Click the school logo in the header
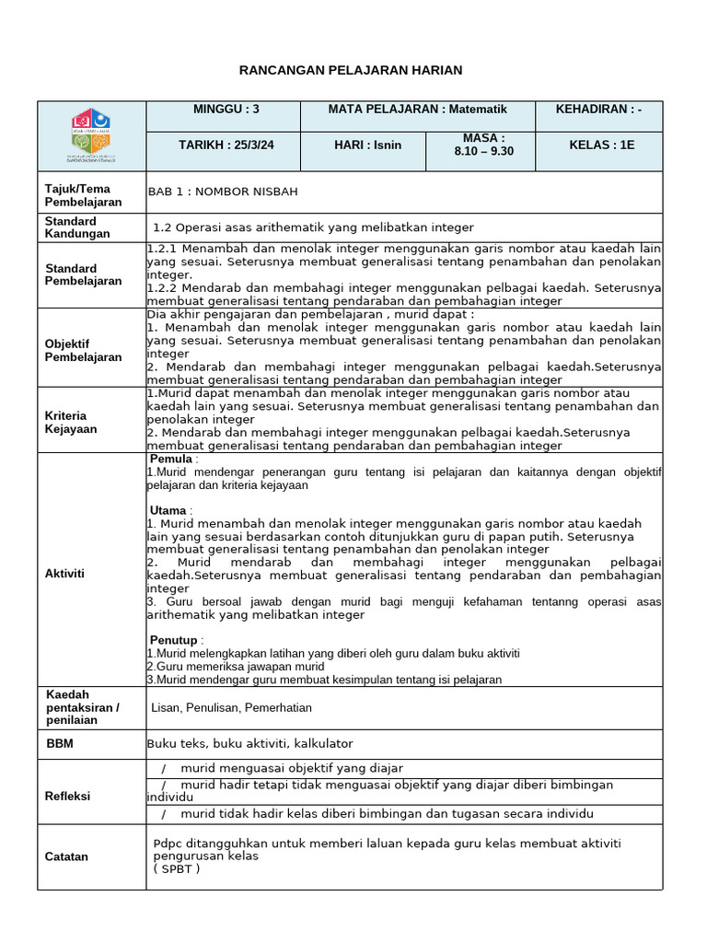pyautogui.click(x=91, y=135)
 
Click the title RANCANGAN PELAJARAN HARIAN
pyautogui.click(x=351, y=70)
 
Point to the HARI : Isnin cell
pyautogui.click(x=367, y=146)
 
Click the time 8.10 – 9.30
pyautogui.click(x=484, y=151)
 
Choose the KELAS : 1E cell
pyautogui.click(x=601, y=146)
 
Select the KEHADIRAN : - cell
pyautogui.click(x=598, y=109)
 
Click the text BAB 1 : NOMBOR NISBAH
pyautogui.click(x=223, y=192)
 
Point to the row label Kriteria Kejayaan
pyautogui.click(x=71, y=422)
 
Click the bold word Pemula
pyautogui.click(x=171, y=459)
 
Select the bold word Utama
pyautogui.click(x=168, y=510)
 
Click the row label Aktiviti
pyautogui.click(x=64, y=573)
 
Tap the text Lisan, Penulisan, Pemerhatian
pyautogui.click(x=232, y=707)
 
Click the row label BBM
pyautogui.click(x=59, y=742)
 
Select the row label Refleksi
pyautogui.click(x=68, y=796)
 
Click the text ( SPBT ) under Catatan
pyautogui.click(x=177, y=868)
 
